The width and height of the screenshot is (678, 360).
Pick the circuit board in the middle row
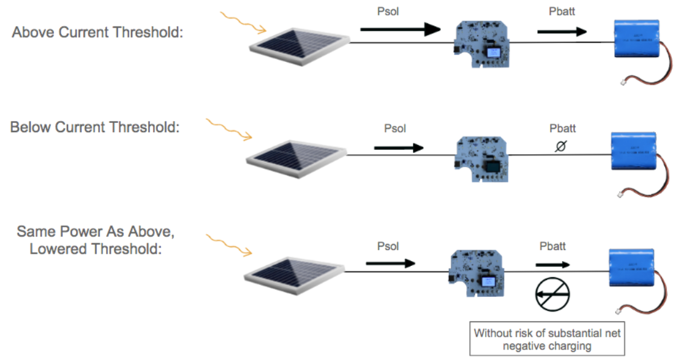coord(483,157)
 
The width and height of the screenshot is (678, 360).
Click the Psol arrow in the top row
coord(400,28)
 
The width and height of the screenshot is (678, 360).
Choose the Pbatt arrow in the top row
coord(562,31)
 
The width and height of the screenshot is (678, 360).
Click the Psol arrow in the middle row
coord(399,147)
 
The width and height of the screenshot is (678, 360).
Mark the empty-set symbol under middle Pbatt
coord(560,147)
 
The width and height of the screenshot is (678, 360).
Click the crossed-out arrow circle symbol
coord(550,296)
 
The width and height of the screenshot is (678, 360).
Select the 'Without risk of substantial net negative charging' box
coord(547,339)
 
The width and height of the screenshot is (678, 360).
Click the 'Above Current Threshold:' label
coord(98,32)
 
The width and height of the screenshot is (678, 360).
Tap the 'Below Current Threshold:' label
coord(95,127)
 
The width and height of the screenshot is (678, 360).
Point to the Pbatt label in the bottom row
coord(552,246)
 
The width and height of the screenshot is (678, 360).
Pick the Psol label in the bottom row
coord(388,246)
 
